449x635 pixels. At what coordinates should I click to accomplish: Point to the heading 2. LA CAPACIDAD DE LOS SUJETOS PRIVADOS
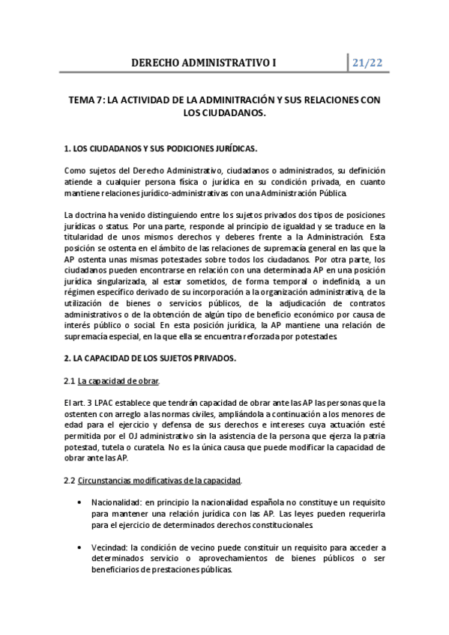pos(150,359)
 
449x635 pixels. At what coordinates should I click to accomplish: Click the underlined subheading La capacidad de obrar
pos(118,381)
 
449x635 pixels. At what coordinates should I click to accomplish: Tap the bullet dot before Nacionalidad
pos(79,502)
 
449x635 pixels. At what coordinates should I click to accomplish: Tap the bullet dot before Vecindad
pos(79,547)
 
